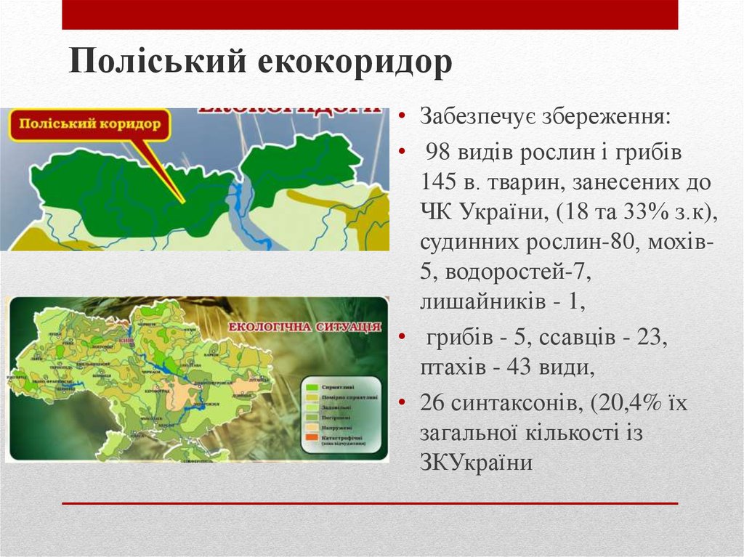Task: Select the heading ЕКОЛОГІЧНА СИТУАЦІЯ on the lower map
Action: pos(304,327)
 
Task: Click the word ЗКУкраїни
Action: pos(476,462)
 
